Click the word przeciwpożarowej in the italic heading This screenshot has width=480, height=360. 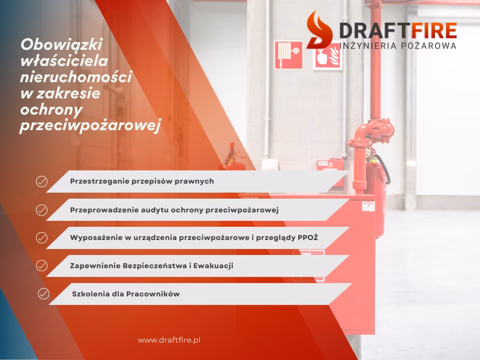pyautogui.click(x=91, y=127)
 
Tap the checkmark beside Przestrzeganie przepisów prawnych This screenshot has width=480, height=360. pyautogui.click(x=41, y=181)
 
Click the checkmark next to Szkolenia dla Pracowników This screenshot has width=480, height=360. pyautogui.click(x=43, y=293)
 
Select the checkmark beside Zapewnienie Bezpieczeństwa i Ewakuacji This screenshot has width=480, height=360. pyautogui.click(x=41, y=265)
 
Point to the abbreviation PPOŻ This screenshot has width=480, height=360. pyautogui.click(x=308, y=238)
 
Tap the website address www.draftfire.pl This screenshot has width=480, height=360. pyautogui.click(x=169, y=340)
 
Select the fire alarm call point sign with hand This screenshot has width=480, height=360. pyautogui.click(x=327, y=56)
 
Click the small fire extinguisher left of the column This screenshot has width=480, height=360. pyautogui.click(x=233, y=157)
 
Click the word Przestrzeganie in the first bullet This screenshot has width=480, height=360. pyautogui.click(x=96, y=181)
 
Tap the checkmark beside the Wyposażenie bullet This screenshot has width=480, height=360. pyautogui.click(x=41, y=238)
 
